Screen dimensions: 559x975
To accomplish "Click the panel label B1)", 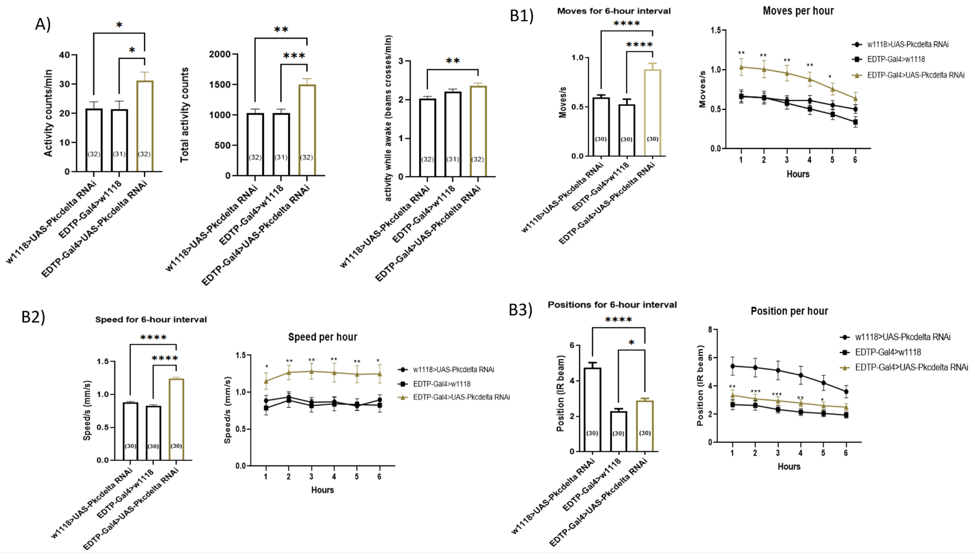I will (521, 16).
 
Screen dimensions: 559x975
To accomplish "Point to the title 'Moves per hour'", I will (798, 11).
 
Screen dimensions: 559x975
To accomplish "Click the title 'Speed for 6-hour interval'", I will (151, 319).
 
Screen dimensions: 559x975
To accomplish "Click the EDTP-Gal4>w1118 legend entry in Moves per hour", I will (895, 59).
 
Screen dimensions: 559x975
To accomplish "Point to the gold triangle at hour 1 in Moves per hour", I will (741, 67).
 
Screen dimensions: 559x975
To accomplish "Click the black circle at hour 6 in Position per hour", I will (846, 392).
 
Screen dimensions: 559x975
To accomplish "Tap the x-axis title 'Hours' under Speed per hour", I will (322, 490).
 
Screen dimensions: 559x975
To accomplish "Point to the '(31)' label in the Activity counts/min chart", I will (119, 154).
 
